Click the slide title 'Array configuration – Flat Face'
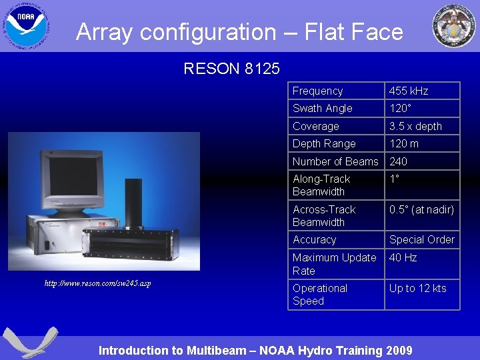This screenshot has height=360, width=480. click(x=239, y=31)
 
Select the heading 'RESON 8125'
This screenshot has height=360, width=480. click(x=231, y=68)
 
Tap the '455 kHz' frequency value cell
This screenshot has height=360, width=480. click(x=409, y=91)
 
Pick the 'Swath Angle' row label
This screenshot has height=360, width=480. click(x=322, y=108)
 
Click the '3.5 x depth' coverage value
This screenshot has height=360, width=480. click(x=415, y=126)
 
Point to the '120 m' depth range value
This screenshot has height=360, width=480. click(x=404, y=143)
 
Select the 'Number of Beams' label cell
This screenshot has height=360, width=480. click(x=335, y=161)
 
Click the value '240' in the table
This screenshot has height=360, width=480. click(x=398, y=161)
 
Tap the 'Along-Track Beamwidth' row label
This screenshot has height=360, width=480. click(x=321, y=185)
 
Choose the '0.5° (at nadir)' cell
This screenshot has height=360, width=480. click(x=421, y=209)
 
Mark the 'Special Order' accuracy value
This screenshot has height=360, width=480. click(x=421, y=239)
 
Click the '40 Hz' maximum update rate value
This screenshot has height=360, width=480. click(x=403, y=257)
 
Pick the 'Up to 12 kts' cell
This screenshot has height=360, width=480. click(x=417, y=288)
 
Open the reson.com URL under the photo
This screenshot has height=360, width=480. click(x=97, y=283)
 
